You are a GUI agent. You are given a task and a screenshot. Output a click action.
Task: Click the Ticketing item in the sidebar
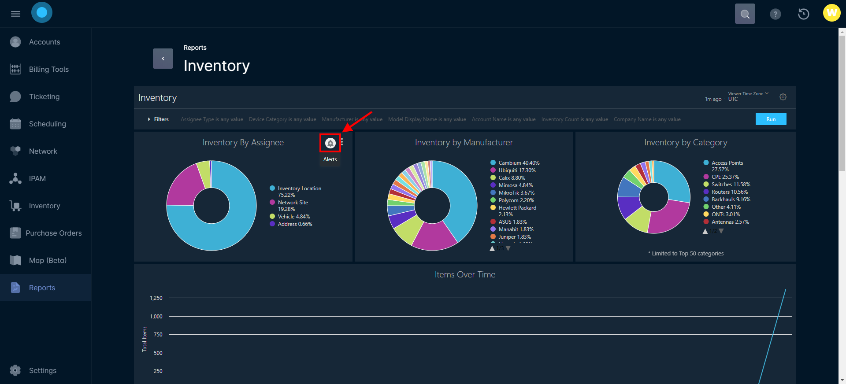(44, 97)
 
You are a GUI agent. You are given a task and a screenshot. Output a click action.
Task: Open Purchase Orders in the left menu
(53, 233)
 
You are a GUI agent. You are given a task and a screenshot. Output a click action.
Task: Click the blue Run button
(771, 119)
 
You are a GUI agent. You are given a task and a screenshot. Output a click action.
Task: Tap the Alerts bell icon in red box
(330, 143)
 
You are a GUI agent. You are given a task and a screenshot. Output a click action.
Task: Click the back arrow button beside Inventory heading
(163, 59)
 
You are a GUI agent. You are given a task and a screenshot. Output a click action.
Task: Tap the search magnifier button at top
(745, 14)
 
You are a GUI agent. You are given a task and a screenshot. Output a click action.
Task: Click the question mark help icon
(775, 14)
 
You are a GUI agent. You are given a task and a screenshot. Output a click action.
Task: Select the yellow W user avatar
(831, 13)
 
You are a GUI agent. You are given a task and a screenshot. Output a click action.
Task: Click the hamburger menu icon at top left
(15, 14)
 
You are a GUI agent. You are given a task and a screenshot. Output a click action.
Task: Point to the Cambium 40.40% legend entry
(519, 163)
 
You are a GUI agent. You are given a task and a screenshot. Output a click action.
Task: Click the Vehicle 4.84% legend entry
(293, 217)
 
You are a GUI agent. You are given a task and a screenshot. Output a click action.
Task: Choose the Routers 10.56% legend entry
(729, 192)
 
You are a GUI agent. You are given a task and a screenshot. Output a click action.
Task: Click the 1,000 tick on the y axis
(156, 317)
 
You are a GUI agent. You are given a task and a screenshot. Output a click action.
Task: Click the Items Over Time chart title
(465, 275)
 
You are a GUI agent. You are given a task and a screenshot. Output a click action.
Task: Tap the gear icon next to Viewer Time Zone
(783, 97)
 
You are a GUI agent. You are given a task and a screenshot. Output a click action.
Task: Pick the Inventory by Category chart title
(686, 143)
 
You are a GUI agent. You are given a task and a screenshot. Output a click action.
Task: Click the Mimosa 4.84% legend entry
(515, 185)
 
